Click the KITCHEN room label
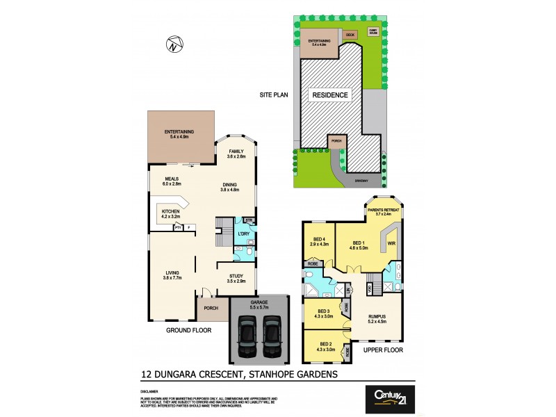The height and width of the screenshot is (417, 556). click(171, 211)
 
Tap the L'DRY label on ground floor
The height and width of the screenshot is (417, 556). click(243, 234)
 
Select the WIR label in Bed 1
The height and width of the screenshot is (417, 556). click(391, 243)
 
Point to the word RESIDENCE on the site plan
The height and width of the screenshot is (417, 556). click(331, 94)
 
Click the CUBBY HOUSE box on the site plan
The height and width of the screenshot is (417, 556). click(373, 32)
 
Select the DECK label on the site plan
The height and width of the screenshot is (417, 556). click(350, 34)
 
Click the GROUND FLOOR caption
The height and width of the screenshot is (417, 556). click(188, 331)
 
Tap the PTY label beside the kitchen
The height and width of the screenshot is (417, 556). click(179, 227)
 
